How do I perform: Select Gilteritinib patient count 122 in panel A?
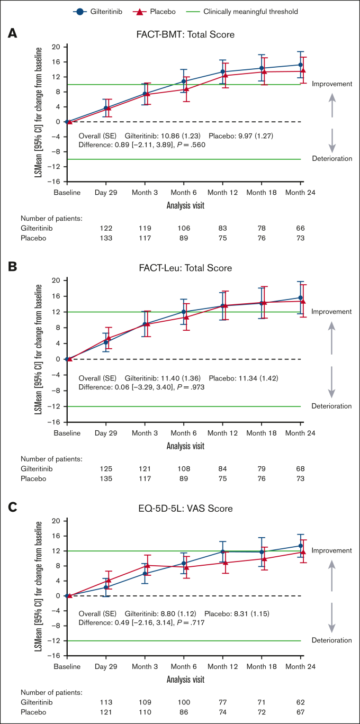(106, 228)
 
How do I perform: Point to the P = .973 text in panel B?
(191, 387)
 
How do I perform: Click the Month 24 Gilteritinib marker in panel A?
(301, 65)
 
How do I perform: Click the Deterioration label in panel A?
(331, 159)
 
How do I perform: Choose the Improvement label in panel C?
(331, 551)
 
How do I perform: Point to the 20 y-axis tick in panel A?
(56, 47)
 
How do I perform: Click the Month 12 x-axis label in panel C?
(223, 668)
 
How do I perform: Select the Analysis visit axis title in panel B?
(185, 446)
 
